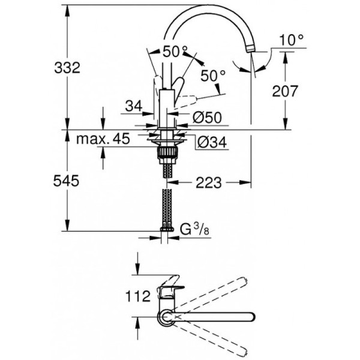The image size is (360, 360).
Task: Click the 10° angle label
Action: pos(292,41)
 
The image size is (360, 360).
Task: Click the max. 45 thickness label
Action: pos(103,140)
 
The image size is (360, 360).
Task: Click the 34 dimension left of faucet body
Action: pos(133,107)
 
